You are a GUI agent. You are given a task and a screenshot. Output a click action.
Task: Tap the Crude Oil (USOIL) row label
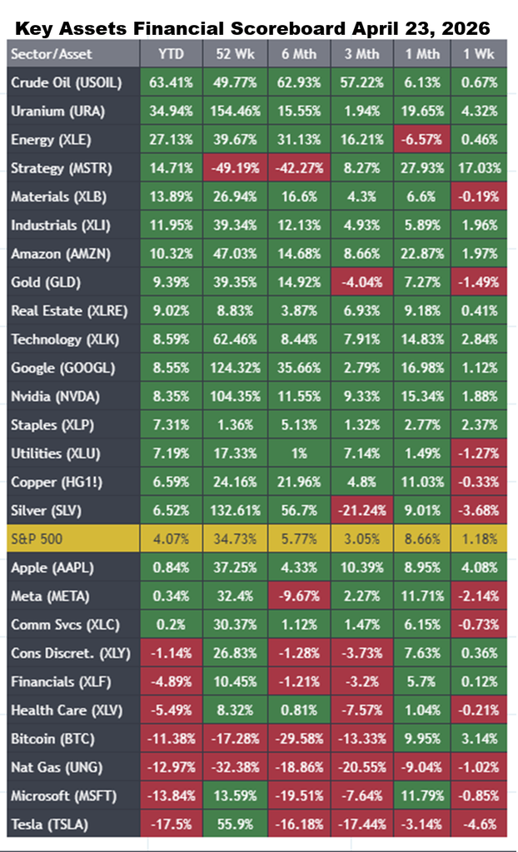pos(65,82)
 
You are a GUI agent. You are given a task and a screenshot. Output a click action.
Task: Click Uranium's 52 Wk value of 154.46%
pos(235,111)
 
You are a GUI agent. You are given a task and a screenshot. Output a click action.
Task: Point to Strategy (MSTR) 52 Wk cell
pos(235,168)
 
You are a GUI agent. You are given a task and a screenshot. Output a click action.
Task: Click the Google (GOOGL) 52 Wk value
pos(235,368)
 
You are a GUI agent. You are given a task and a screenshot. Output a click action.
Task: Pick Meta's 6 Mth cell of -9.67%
pos(297,596)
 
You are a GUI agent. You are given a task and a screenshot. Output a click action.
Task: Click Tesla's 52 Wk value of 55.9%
pos(235,824)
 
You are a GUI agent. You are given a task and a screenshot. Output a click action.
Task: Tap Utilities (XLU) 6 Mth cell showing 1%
pos(297,453)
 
